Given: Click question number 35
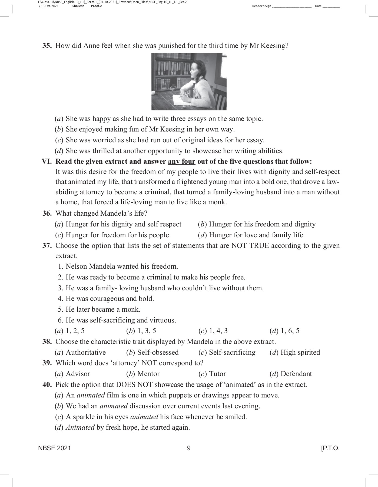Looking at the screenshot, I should [x=47, y=46].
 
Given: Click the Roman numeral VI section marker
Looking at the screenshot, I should [x=47, y=162].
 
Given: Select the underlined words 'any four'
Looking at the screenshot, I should [x=181, y=162].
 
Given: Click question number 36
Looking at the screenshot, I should [x=47, y=213].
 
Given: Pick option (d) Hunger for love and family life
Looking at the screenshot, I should [x=250, y=235].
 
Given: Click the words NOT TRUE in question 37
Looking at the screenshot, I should [x=250, y=246].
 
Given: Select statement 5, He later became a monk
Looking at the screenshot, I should [x=99, y=309].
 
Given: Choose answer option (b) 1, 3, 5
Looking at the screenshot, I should [x=141, y=331].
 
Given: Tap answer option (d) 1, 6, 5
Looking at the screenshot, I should [x=284, y=331].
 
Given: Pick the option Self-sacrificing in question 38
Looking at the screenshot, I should [x=232, y=352].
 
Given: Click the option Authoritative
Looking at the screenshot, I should [x=85, y=352].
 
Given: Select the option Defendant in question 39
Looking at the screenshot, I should [x=296, y=374].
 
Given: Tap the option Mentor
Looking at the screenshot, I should [x=148, y=374].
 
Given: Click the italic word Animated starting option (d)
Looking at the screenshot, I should [x=80, y=427].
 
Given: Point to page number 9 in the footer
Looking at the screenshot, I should [x=189, y=448].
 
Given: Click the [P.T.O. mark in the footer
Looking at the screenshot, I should [x=330, y=448].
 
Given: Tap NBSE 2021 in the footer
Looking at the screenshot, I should [x=54, y=448].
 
